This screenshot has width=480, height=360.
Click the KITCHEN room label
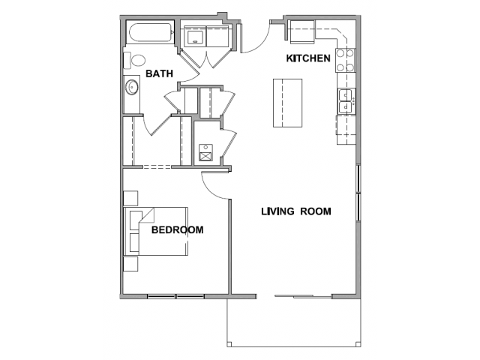[308, 58]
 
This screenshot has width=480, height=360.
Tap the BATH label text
[159, 73]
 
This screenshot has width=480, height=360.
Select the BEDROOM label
[177, 230]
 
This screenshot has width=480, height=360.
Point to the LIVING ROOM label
[296, 211]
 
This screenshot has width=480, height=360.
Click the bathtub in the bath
[150, 32]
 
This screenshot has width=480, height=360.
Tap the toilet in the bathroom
[134, 61]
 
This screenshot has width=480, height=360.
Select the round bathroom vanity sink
[132, 87]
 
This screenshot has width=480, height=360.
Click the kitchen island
[287, 103]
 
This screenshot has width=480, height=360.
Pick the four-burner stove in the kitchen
[346, 60]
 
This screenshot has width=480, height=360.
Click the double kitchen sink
[346, 101]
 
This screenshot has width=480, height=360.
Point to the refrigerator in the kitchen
[302, 31]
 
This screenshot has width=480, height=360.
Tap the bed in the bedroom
[155, 231]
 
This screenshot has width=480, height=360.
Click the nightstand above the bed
[130, 198]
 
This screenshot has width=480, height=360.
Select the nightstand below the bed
[130, 264]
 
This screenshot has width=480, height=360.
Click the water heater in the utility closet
[205, 152]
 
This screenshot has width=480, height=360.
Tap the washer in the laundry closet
[195, 37]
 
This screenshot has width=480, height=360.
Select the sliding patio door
[303, 296]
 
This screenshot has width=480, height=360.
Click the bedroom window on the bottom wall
[175, 296]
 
